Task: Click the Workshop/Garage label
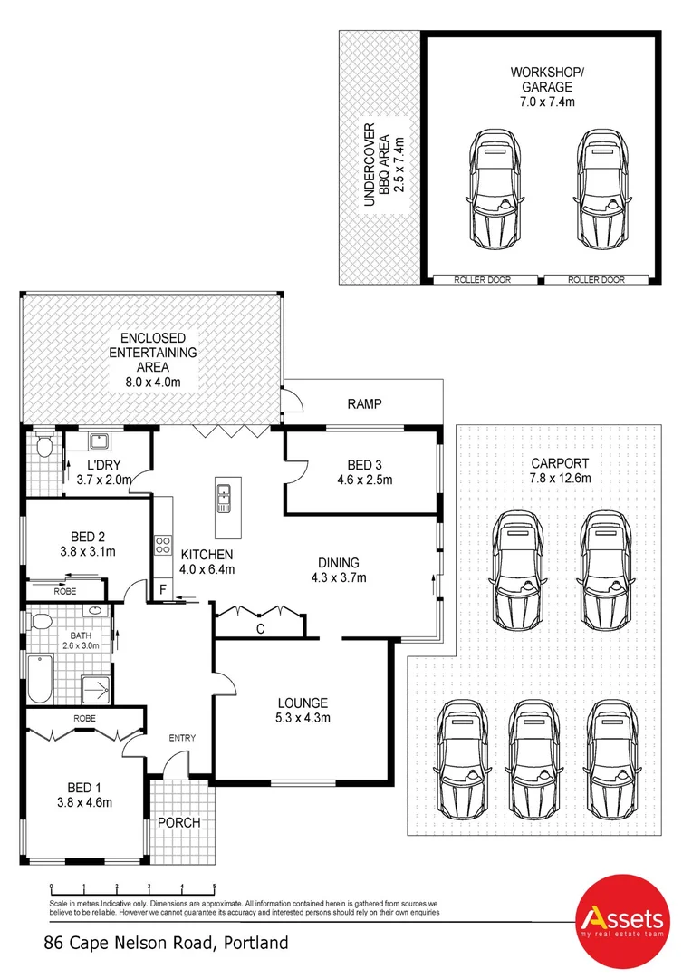tap(542, 86)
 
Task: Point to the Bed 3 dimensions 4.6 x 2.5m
tap(362, 480)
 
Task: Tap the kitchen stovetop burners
tap(164, 546)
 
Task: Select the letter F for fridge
tap(163, 590)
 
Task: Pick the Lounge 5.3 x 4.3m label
tap(303, 711)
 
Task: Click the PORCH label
tap(178, 822)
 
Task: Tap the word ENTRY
tap(181, 738)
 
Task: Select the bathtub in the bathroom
tap(40, 680)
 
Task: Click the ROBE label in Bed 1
tap(86, 718)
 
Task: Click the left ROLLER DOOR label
tap(482, 280)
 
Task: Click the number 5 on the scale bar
tap(215, 888)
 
